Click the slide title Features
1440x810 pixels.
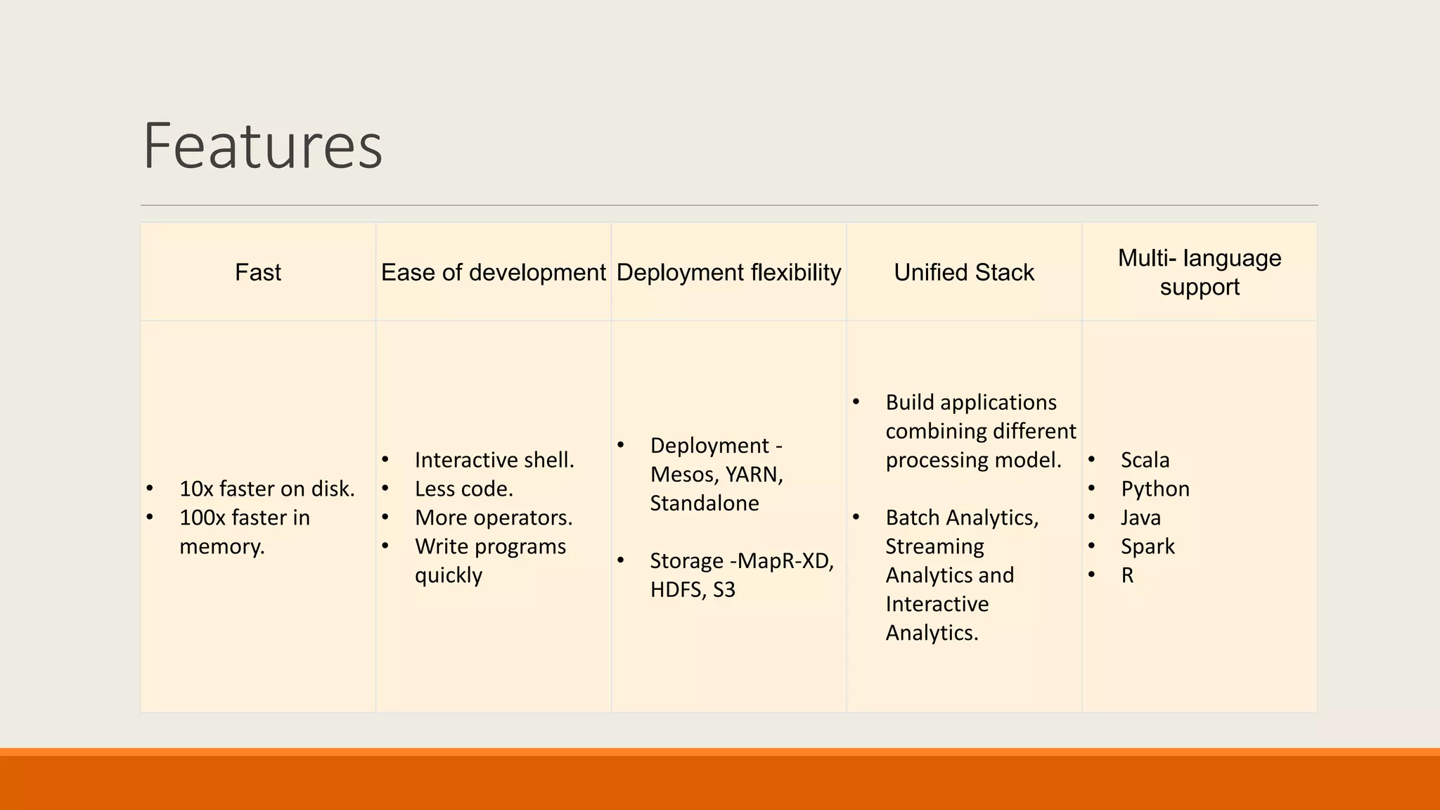tap(262, 146)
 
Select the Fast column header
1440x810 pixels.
tap(257, 272)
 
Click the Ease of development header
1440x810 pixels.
tap(493, 272)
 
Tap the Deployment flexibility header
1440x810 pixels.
tap(728, 272)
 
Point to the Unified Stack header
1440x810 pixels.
tap(963, 272)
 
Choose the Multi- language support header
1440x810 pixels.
tap(1199, 272)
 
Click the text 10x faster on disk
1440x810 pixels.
tap(266, 489)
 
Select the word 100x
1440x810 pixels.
tap(202, 517)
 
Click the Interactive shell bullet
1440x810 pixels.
tap(494, 460)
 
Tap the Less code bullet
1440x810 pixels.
tap(463, 489)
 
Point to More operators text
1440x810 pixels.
tap(493, 517)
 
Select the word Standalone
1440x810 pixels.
tap(704, 503)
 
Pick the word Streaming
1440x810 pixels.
tap(934, 546)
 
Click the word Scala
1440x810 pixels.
tap(1145, 460)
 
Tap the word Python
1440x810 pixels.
tap(1155, 489)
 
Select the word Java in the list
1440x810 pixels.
tap(1140, 517)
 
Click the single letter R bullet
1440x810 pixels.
tap(1127, 575)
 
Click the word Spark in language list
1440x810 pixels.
tap(1147, 546)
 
